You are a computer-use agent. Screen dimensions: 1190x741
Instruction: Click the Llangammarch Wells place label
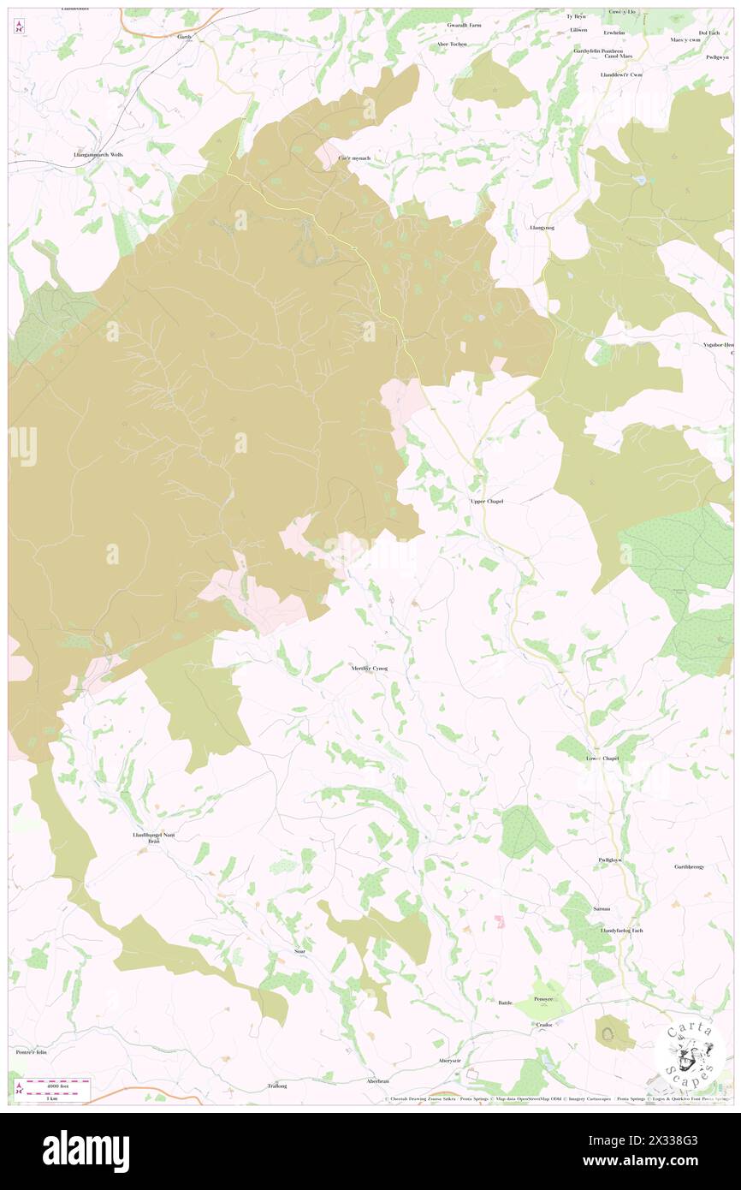point(98,155)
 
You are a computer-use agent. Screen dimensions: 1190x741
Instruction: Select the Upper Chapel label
point(486,501)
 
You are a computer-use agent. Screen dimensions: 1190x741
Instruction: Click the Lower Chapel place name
point(602,759)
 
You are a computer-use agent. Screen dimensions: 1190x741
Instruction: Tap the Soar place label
point(299,951)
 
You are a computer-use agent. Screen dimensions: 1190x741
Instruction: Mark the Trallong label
point(276,1086)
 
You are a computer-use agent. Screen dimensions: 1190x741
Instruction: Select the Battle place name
point(505,1002)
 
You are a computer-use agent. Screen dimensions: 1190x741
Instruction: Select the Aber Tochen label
point(451,44)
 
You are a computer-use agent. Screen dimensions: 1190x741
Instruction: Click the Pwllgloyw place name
point(609,860)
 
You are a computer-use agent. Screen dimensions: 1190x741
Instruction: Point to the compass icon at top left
point(20,27)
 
